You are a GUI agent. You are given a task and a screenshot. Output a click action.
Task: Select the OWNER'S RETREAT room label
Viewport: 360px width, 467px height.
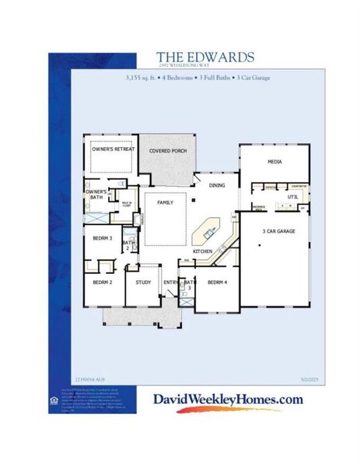point(114,148)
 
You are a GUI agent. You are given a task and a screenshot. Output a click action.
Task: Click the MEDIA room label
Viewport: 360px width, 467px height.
point(274,162)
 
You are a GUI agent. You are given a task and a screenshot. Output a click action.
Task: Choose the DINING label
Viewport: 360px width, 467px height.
point(217,185)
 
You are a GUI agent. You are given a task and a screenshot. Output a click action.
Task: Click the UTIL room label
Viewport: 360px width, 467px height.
point(293,198)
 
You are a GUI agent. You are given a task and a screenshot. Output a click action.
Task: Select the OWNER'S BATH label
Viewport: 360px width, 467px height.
point(96,194)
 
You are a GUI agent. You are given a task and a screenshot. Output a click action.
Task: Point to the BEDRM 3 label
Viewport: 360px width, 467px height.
point(103,237)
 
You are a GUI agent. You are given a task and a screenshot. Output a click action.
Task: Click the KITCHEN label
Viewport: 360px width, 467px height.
point(203,251)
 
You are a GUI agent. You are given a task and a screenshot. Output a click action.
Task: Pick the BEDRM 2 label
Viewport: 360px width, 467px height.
point(103,283)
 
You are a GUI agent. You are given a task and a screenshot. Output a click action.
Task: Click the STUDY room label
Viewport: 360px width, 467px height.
point(142,283)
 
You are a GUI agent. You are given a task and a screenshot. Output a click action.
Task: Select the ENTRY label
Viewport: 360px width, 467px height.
point(170,283)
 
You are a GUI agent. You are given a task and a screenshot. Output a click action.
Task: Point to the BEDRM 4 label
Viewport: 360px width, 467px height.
point(217,283)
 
